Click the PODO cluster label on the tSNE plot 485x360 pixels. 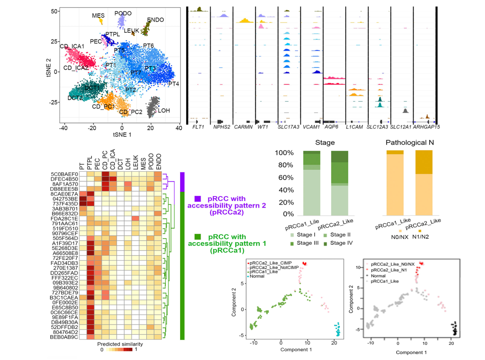[x=123, y=14]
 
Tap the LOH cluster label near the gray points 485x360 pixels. [x=164, y=110]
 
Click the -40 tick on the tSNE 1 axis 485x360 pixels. [x=63, y=127]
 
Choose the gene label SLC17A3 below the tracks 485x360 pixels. [x=288, y=126]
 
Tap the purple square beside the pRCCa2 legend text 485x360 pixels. [x=197, y=198]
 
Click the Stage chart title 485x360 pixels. [x=325, y=143]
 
